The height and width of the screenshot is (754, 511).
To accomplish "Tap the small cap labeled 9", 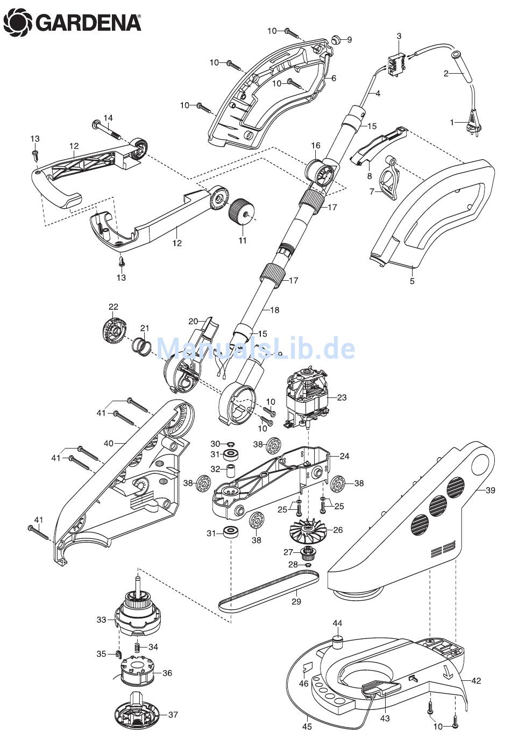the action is click(x=336, y=39).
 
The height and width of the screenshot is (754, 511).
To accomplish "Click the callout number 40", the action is click(x=109, y=444).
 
